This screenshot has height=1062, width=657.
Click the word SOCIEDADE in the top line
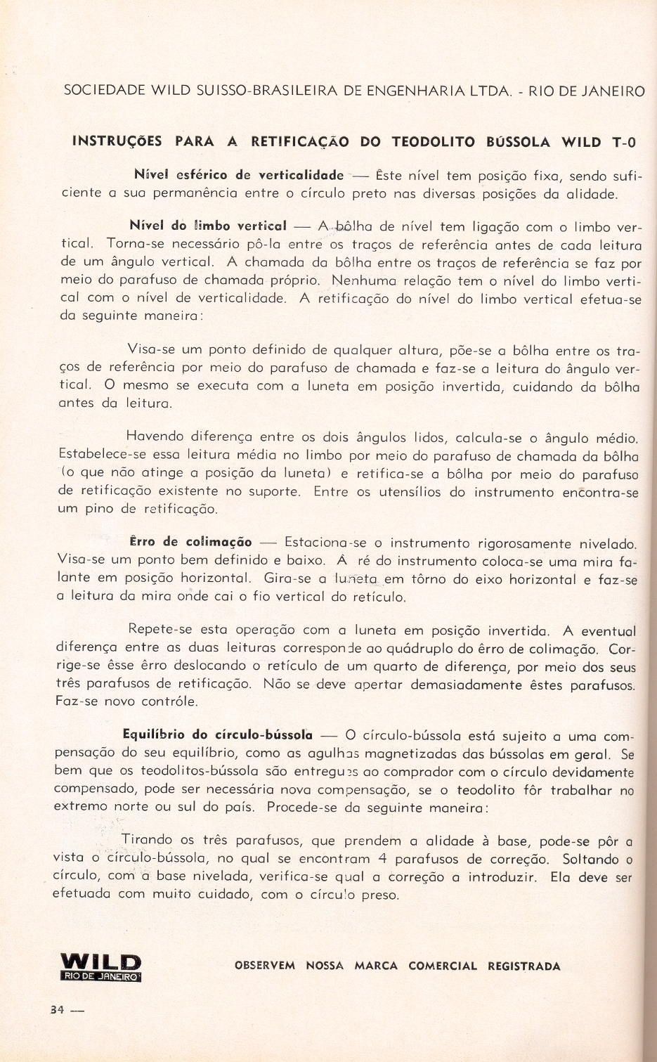click(x=104, y=91)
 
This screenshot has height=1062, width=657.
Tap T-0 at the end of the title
click(x=623, y=143)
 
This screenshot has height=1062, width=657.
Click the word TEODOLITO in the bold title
click(x=433, y=142)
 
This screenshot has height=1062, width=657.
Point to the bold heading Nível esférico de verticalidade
click(x=238, y=174)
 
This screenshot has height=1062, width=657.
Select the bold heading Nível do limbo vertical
click(x=208, y=226)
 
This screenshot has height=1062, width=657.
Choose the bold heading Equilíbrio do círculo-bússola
click(x=217, y=735)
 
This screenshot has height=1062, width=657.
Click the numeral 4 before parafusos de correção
click(x=382, y=858)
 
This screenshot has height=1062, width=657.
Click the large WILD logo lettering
click(x=101, y=961)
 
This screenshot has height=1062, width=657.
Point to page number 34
click(x=57, y=1009)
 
